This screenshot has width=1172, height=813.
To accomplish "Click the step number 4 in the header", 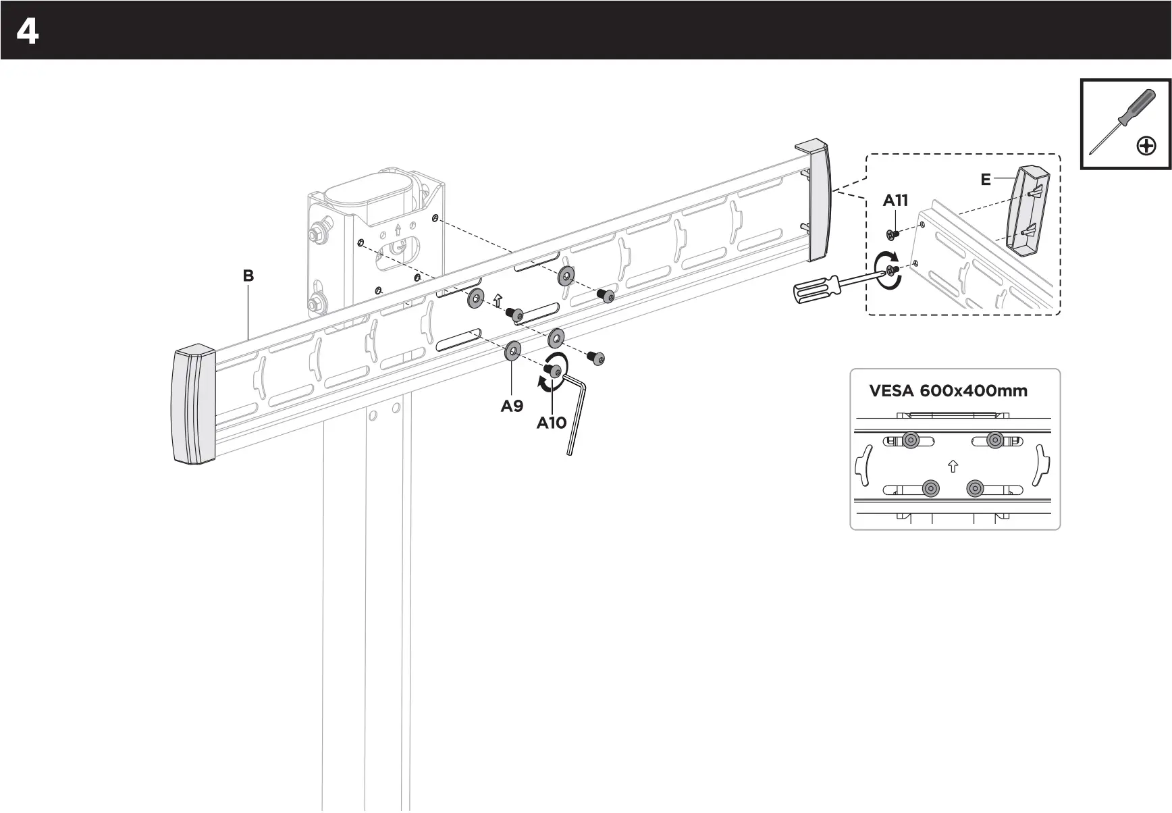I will tap(27, 32).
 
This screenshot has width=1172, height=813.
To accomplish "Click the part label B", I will tap(248, 276).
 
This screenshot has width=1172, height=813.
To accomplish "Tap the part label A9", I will tap(512, 406).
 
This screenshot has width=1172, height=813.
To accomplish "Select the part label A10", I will tap(551, 423).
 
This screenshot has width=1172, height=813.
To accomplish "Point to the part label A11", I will tap(895, 200).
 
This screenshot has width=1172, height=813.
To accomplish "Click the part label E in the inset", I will tap(986, 180).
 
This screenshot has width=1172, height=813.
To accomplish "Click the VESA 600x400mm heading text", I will tap(948, 390).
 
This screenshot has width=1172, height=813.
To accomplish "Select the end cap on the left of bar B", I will tap(194, 405).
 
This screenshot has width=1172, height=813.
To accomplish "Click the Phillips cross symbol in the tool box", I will tap(1146, 146).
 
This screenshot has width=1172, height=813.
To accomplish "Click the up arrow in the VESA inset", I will tap(953, 466).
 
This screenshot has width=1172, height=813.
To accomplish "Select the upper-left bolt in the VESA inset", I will tap(910, 441).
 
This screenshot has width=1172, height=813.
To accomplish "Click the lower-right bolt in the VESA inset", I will tap(975, 488).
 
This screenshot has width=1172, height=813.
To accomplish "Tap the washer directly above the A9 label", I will tap(512, 351).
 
